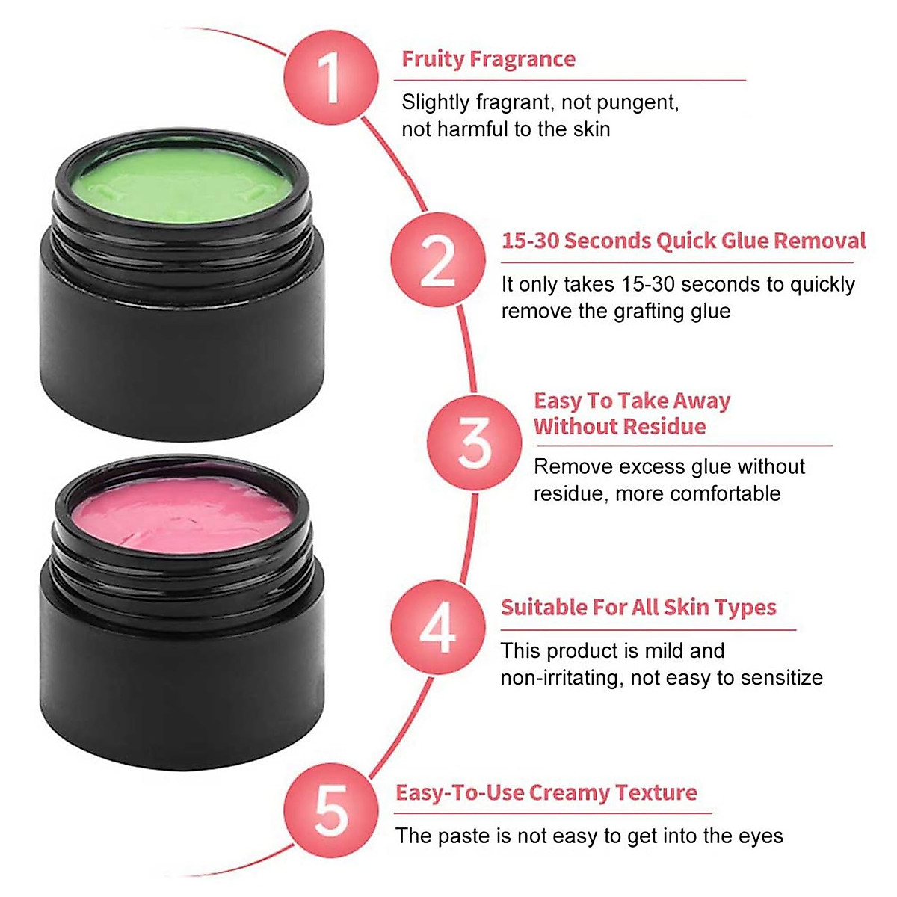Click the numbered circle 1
click(330, 76)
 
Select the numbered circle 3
click(474, 443)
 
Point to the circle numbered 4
click(437, 627)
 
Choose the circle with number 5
click(330, 810)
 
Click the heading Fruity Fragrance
click(488, 59)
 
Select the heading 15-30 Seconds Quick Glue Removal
click(683, 241)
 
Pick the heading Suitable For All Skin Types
click(638, 607)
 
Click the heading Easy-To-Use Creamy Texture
click(546, 792)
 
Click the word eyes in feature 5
click(761, 836)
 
